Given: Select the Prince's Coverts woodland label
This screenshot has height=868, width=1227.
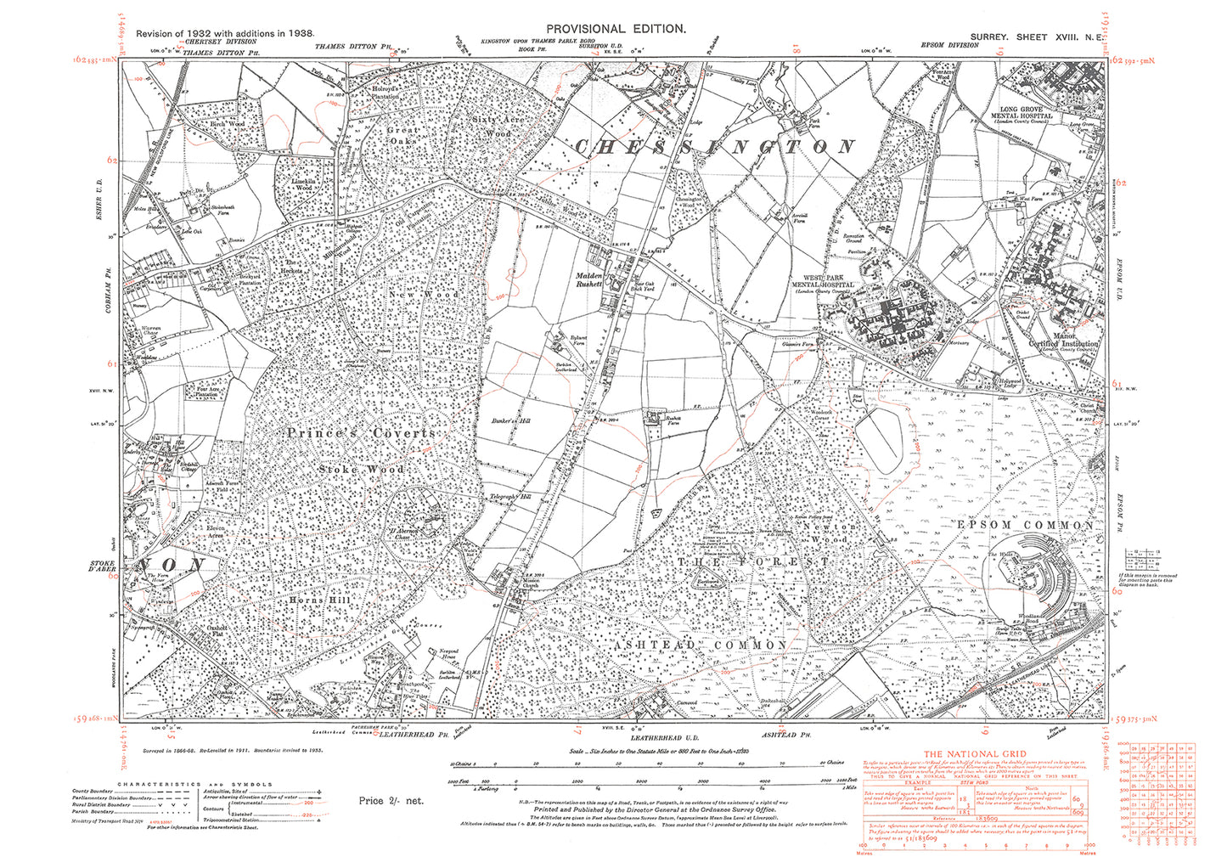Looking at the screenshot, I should [x=360, y=433].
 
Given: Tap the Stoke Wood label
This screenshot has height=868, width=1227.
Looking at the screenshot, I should [x=362, y=469].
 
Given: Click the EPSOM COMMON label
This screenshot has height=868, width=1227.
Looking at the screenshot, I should [x=1025, y=526].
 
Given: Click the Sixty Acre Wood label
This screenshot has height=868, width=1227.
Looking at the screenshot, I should [x=492, y=127].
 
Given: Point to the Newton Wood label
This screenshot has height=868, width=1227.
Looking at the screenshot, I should [x=825, y=533].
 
